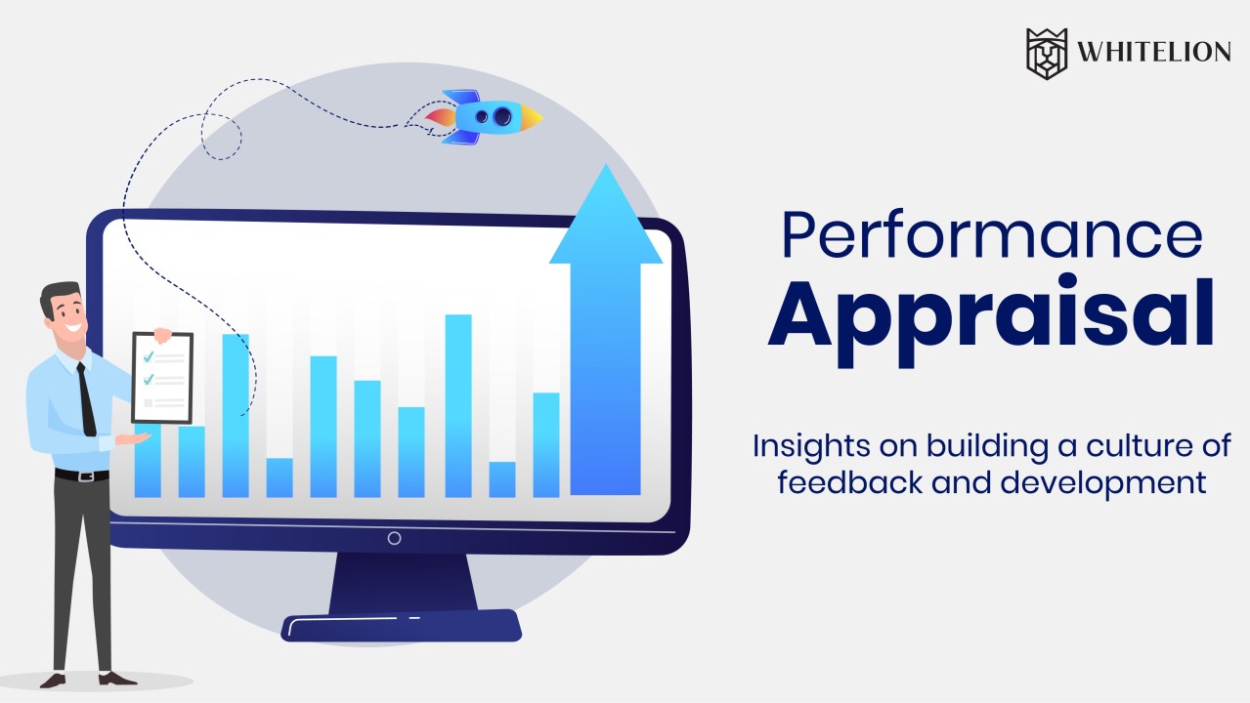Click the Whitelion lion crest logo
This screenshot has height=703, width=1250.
pos(1047,53)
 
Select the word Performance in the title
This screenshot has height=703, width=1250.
pos(991,236)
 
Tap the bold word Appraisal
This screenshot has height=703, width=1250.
pos(991,314)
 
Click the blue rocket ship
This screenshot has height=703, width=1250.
pos(484,117)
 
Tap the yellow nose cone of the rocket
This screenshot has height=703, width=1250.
pos(532,118)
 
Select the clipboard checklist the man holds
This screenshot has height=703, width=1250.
pos(162,378)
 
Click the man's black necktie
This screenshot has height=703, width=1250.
pos(86,399)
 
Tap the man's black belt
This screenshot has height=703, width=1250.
pos(81,476)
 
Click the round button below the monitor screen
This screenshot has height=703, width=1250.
pos(394,538)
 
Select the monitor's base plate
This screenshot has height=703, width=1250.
pos(401,625)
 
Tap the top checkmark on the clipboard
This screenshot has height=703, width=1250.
pos(149,356)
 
